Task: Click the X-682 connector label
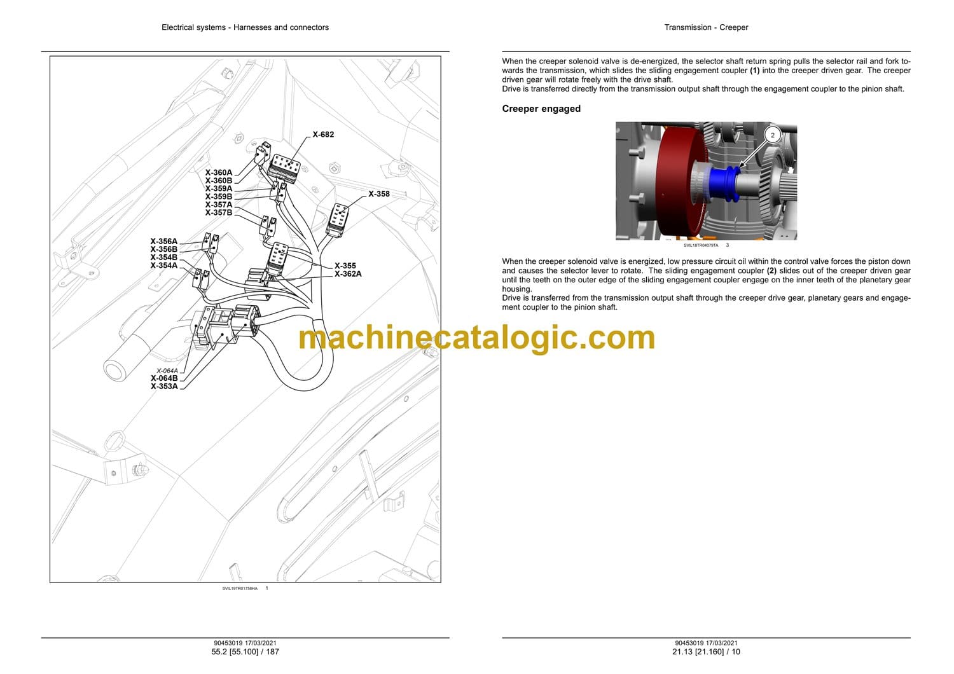(x=323, y=135)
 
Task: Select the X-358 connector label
(x=379, y=194)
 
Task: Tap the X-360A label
(x=219, y=172)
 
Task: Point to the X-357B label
(x=219, y=212)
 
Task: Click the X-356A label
(x=164, y=242)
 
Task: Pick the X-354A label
(x=164, y=266)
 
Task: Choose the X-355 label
(x=345, y=266)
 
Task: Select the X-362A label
(x=348, y=274)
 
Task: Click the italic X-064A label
(x=167, y=371)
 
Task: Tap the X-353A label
(x=164, y=387)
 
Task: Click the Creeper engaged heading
(x=541, y=109)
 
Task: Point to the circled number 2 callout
(x=773, y=135)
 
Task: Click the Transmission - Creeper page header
(x=706, y=27)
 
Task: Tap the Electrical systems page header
(x=245, y=27)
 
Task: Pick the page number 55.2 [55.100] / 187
(x=245, y=652)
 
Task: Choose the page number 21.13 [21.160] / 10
(x=706, y=652)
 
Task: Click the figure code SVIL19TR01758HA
(x=240, y=588)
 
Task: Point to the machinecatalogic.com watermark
(x=476, y=338)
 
